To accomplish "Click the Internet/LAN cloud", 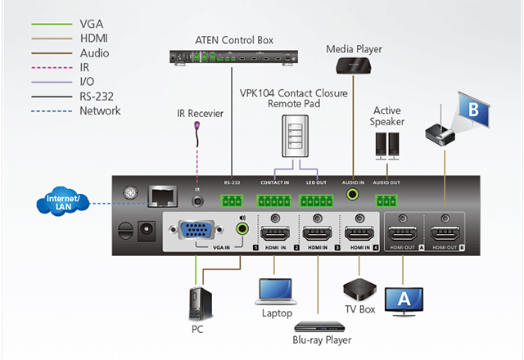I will [64, 203].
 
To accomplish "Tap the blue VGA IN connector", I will [199, 232].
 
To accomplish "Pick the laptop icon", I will [276, 293].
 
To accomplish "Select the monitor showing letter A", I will [402, 301].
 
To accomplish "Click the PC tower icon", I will [196, 304].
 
